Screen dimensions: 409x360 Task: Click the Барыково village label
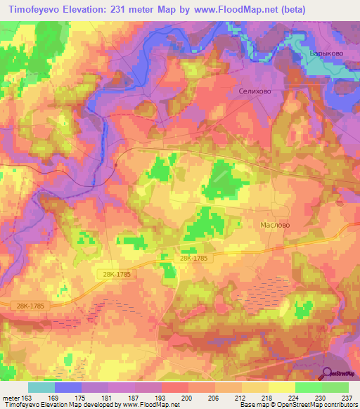pos(325,53)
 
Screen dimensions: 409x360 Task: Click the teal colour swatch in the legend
pos(41,387)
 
